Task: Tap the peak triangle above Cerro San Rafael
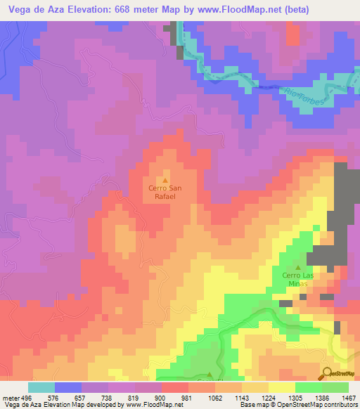(x=166, y=180)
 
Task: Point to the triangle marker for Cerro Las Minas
(x=297, y=267)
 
